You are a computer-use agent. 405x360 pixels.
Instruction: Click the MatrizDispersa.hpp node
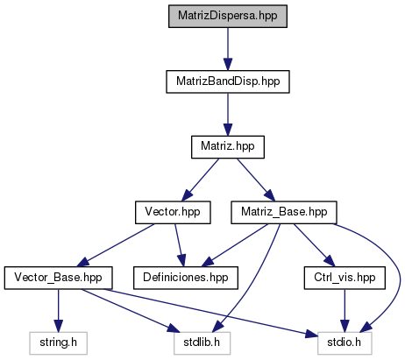pyautogui.click(x=228, y=17)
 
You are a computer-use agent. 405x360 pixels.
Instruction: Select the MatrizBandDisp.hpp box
pyautogui.click(x=228, y=81)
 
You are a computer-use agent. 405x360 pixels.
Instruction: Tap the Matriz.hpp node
pyautogui.click(x=228, y=147)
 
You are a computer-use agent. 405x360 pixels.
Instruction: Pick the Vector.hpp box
pyautogui.click(x=173, y=213)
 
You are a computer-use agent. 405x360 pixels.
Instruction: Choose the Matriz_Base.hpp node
pyautogui.click(x=284, y=213)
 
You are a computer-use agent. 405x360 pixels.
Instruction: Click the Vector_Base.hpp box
pyautogui.click(x=58, y=278)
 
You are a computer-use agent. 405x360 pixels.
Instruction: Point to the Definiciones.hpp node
pyautogui.click(x=186, y=278)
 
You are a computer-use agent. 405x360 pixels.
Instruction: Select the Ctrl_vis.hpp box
pyautogui.click(x=345, y=278)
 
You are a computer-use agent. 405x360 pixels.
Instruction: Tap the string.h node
pyautogui.click(x=58, y=343)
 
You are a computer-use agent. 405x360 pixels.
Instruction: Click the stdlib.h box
pyautogui.click(x=202, y=343)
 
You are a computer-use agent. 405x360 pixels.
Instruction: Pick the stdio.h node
pyautogui.click(x=345, y=343)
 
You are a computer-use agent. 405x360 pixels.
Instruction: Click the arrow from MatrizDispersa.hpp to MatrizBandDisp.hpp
pyautogui.click(x=228, y=49)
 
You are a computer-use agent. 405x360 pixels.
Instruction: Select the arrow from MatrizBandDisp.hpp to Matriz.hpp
pyautogui.click(x=228, y=115)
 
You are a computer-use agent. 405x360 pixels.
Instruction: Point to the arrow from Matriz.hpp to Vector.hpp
pyautogui.click(x=200, y=180)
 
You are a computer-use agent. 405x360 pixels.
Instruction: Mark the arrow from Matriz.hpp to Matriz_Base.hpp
pyautogui.click(x=256, y=180)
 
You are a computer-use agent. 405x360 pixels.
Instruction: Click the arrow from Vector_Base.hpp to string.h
pyautogui.click(x=58, y=311)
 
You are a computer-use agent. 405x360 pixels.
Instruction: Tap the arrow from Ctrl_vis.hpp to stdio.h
pyautogui.click(x=345, y=311)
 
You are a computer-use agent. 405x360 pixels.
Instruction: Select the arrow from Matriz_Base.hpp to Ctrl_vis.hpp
pyautogui.click(x=314, y=245)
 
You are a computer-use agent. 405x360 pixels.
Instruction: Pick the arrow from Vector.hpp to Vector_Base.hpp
pyautogui.click(x=116, y=245)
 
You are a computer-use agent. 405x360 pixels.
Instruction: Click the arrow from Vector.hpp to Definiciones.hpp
pyautogui.click(x=180, y=245)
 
